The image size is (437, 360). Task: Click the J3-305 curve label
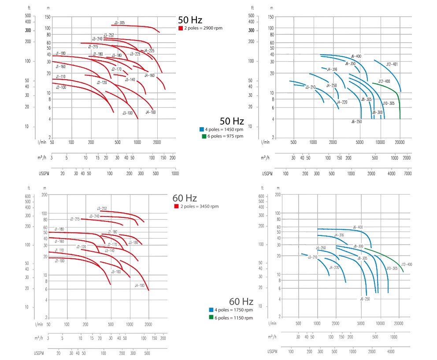click(x=119, y=22)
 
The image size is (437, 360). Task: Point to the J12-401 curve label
click(x=392, y=64)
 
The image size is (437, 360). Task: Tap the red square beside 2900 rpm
click(x=181, y=28)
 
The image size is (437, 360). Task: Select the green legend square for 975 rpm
click(x=204, y=136)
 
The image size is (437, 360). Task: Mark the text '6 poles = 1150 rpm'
click(x=234, y=317)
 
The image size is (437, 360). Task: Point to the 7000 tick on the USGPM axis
click(x=407, y=173)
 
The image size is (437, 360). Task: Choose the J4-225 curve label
click(x=149, y=51)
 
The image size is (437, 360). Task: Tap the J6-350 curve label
click(x=350, y=64)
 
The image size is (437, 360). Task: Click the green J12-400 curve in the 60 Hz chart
click(x=388, y=257)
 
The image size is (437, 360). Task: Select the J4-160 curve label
click(x=149, y=75)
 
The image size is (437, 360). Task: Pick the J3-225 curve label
click(x=135, y=54)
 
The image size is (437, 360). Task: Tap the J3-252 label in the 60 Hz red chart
click(x=102, y=208)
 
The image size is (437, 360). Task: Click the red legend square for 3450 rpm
click(x=177, y=206)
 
